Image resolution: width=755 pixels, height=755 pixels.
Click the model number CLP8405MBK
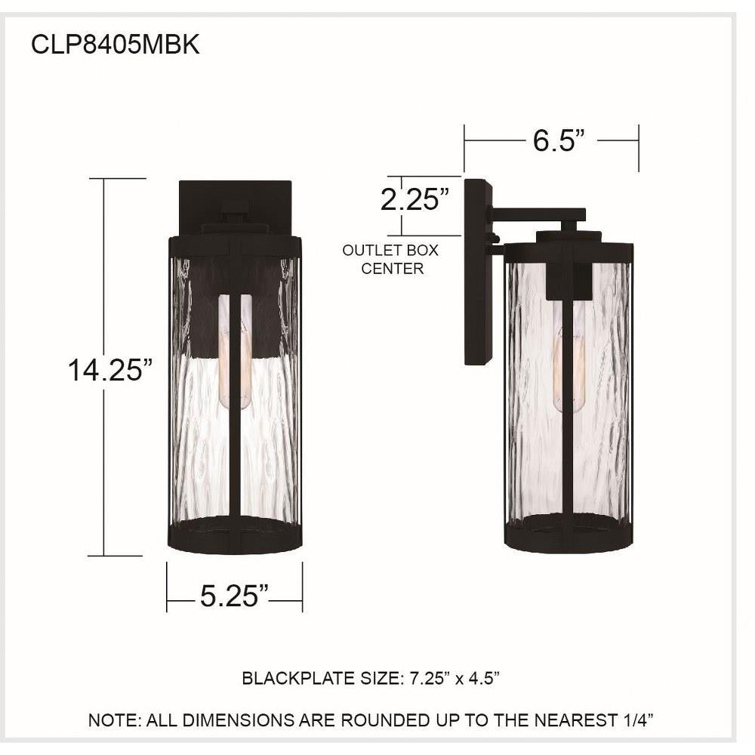pos(115,45)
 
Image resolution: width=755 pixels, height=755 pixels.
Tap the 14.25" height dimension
pos(109,370)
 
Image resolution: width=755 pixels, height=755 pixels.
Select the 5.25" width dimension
pos(234,596)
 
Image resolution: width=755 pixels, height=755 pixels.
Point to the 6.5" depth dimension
pos(559,140)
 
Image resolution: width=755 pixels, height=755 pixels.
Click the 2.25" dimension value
pos(414,199)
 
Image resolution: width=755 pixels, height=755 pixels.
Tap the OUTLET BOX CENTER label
pos(391,259)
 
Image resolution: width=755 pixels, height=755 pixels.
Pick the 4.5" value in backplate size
pos(485,679)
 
